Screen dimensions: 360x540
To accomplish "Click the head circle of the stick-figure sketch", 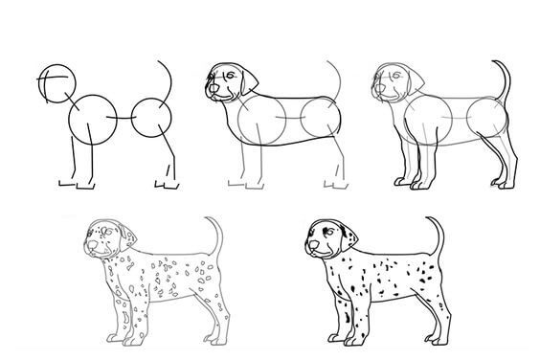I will click(x=55, y=82).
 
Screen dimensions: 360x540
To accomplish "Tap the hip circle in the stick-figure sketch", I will click(x=153, y=119).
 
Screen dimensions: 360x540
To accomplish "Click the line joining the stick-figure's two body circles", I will click(x=123, y=118).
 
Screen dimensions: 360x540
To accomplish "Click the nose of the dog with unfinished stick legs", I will click(x=209, y=92).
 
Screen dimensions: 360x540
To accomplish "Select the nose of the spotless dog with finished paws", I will click(x=376, y=92).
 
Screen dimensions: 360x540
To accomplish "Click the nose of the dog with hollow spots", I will click(x=89, y=247).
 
